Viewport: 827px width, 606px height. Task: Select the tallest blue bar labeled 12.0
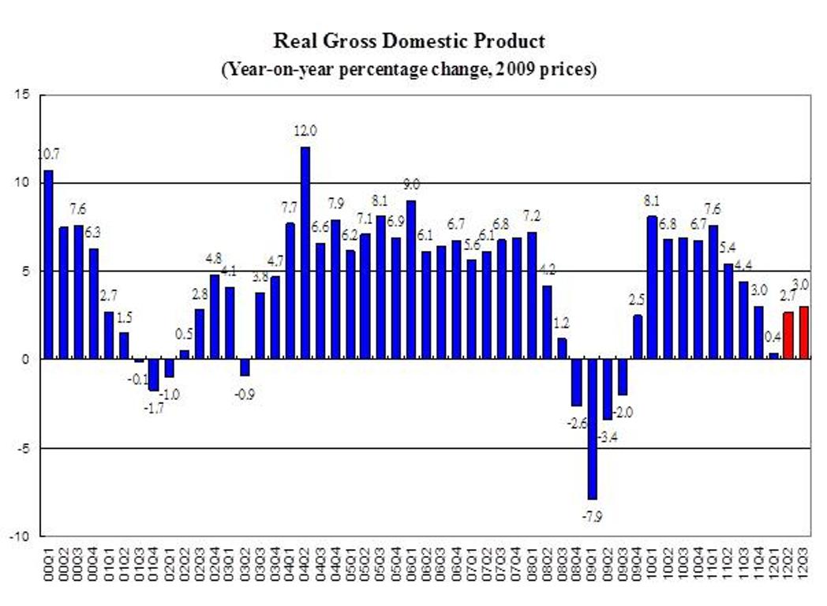305,252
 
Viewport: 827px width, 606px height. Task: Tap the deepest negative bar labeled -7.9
593,429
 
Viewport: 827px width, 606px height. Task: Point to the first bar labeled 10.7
49,264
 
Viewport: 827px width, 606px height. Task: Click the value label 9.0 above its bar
410,185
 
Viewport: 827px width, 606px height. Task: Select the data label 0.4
773,337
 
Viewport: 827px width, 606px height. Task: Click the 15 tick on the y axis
24,95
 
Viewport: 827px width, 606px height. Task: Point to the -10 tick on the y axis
21,537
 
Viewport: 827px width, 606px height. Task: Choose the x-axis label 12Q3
804,565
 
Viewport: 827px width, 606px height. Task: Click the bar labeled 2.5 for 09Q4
638,337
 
